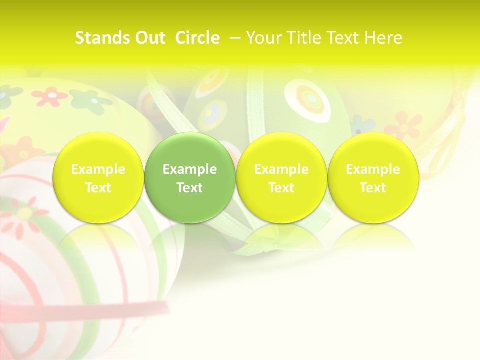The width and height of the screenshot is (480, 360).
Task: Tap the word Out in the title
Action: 149,38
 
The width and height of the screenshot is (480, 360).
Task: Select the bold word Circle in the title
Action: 197,38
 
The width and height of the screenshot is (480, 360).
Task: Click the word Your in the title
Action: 264,38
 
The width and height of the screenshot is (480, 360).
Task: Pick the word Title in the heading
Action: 303,38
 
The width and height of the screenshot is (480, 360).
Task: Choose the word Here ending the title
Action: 383,38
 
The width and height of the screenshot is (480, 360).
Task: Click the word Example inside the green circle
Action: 190,169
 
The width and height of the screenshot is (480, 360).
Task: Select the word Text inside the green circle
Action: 190,188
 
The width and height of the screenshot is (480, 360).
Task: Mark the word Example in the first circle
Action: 98,169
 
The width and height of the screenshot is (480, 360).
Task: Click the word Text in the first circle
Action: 98,188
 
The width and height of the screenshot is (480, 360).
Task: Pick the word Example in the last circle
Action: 373,169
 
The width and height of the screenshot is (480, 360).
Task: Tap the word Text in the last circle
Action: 373,188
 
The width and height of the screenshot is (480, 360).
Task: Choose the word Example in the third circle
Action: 281,169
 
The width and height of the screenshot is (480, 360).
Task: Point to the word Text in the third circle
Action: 281,188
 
